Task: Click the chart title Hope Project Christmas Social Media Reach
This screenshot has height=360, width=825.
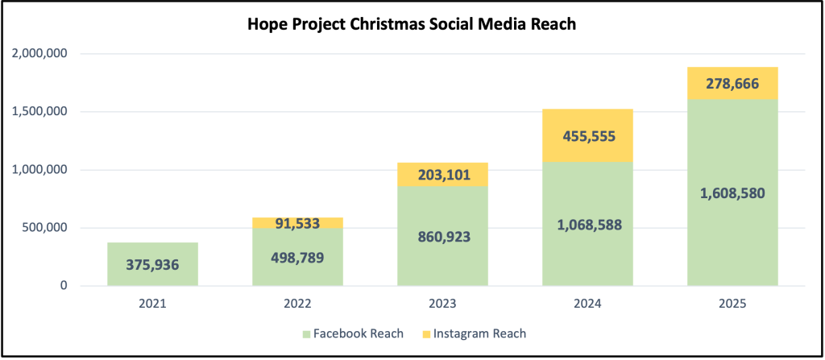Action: click(x=412, y=25)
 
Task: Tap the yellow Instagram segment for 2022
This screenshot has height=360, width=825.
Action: click(x=297, y=222)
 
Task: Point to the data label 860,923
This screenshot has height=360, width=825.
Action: click(x=442, y=238)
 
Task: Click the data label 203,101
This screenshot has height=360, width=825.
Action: click(x=442, y=174)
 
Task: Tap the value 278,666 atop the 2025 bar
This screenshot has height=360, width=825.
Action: click(x=732, y=83)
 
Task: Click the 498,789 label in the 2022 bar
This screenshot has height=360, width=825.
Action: click(x=297, y=257)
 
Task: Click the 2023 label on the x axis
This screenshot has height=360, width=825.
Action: click(x=442, y=305)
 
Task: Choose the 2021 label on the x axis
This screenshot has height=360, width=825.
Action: click(x=152, y=305)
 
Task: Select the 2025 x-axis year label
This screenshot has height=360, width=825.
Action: click(x=732, y=305)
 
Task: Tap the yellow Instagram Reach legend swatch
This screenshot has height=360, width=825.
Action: click(x=425, y=333)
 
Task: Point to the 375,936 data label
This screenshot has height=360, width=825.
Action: click(x=152, y=265)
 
